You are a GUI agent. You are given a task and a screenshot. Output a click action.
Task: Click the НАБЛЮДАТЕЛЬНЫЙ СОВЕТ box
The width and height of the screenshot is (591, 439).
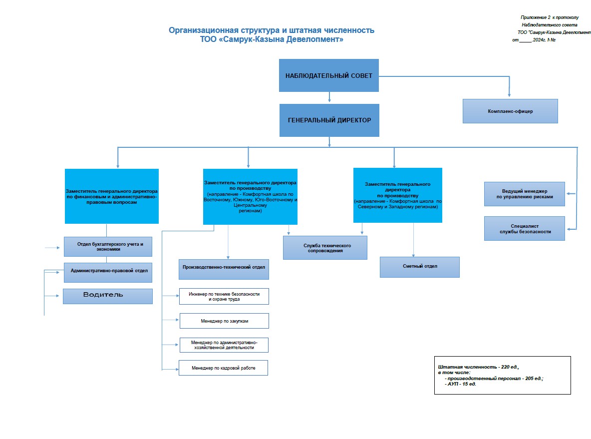[328, 75]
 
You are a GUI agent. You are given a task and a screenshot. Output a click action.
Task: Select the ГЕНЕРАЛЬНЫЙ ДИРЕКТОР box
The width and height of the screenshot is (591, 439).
[329, 120]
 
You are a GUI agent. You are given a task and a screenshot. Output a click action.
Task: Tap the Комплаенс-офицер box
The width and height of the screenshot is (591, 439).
[510, 111]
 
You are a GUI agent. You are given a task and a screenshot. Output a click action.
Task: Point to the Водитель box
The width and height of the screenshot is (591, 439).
[108, 297]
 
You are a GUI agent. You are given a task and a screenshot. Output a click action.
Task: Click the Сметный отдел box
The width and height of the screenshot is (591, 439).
[419, 267]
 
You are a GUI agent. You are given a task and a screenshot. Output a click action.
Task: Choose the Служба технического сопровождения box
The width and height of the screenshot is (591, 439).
[325, 248]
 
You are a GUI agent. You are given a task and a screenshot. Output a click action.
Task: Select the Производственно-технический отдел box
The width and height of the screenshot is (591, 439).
[224, 269]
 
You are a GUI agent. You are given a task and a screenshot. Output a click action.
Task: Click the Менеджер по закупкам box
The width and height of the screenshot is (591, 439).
[224, 321]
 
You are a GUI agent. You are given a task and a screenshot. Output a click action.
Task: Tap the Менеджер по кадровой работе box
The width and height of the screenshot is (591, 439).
[223, 368]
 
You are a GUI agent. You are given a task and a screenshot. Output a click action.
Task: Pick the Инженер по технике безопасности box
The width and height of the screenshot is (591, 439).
[224, 297]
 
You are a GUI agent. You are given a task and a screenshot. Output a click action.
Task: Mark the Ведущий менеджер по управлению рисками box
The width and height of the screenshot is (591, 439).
[524, 194]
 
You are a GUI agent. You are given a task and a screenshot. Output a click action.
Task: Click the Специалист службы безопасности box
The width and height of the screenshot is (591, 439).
[524, 229]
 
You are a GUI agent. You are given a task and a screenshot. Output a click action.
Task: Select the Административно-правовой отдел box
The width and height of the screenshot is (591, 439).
[108, 273]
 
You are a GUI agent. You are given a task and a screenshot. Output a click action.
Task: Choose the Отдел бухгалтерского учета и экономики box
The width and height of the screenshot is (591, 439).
[108, 247]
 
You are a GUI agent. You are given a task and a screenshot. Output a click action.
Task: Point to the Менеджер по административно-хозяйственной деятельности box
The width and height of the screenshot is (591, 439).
[224, 345]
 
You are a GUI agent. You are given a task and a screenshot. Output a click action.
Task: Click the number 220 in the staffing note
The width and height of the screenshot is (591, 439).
[506, 367]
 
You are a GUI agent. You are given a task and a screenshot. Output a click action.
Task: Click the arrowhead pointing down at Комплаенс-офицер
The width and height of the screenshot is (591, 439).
[509, 95]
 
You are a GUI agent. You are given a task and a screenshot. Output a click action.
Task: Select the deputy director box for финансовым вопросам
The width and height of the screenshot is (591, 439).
[112, 196]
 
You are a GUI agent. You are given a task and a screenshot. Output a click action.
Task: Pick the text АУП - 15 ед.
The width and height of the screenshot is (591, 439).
[462, 384]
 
